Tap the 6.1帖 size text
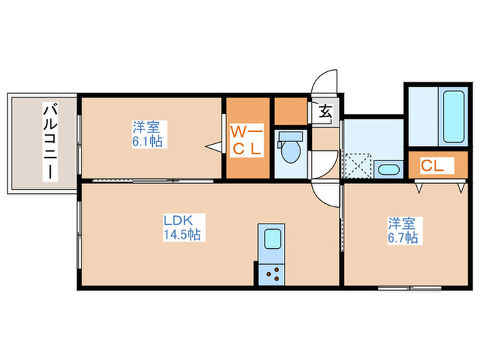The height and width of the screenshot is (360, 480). coord(148,141)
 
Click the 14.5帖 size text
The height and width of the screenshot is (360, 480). coord(181,235)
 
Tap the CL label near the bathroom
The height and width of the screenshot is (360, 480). coord(433,165)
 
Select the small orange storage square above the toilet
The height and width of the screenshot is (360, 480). coord(290,110)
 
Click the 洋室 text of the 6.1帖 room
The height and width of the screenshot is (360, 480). coord(147,127)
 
